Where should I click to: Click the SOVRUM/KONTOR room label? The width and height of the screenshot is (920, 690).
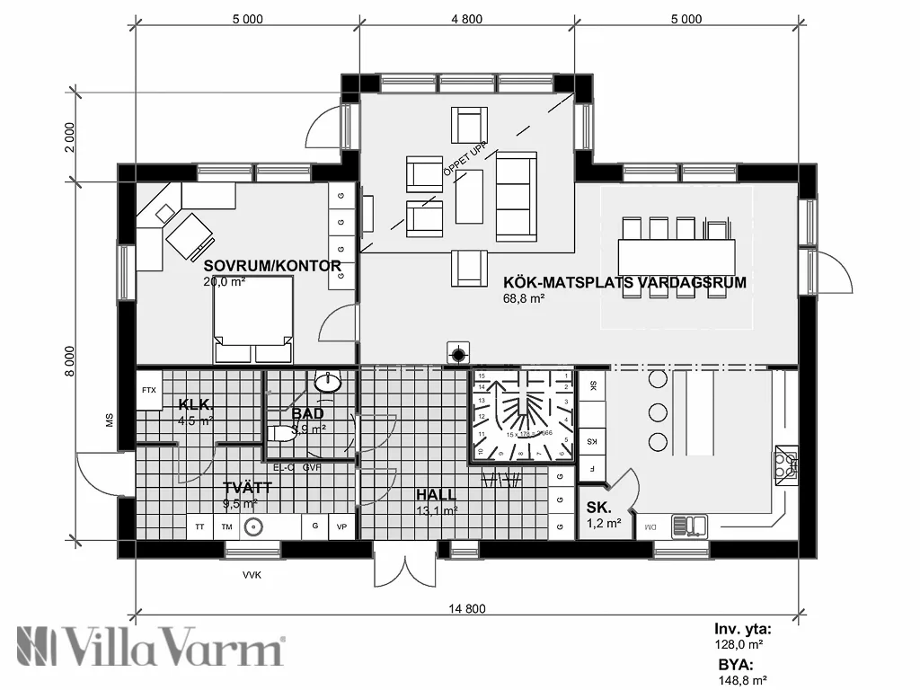(271, 266)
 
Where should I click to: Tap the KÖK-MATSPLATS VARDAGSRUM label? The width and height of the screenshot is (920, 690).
(624, 282)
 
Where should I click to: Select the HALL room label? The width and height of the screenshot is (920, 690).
(435, 495)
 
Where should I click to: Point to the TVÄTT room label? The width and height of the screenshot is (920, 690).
(247, 488)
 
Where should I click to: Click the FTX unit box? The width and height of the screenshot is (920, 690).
(148, 391)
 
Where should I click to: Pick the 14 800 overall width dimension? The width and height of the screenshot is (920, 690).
(466, 608)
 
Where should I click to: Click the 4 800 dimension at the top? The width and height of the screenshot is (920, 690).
(466, 19)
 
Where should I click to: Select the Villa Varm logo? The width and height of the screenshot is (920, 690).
(151, 647)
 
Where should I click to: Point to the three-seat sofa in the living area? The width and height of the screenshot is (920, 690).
(516, 196)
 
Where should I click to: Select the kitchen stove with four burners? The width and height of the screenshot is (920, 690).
(785, 464)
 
